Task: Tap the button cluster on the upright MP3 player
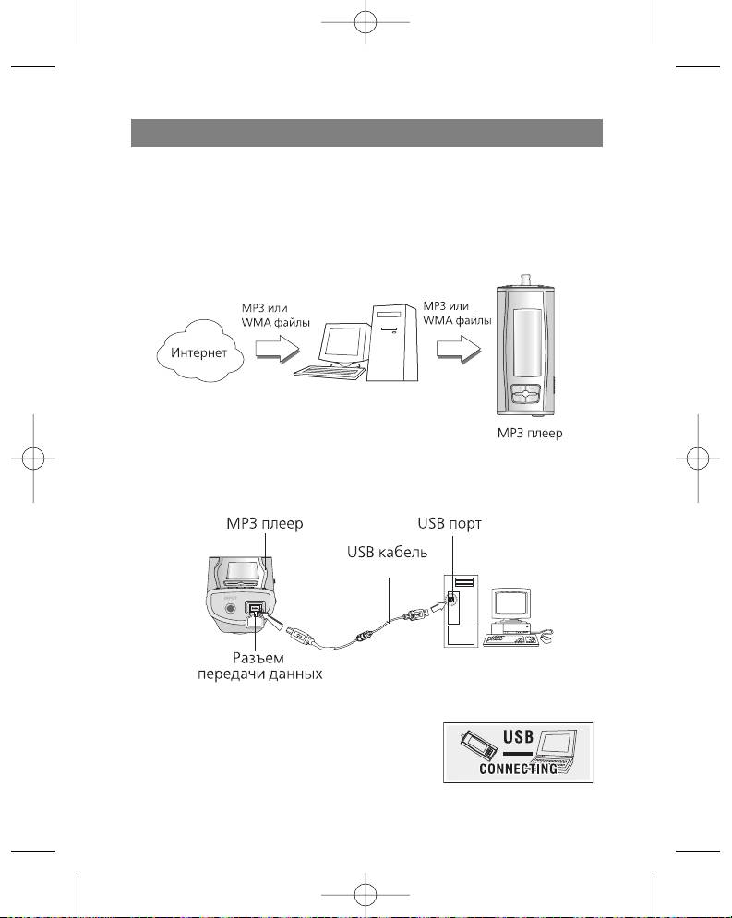(x=526, y=394)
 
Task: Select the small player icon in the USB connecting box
(x=474, y=746)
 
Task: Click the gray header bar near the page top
(x=366, y=133)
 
